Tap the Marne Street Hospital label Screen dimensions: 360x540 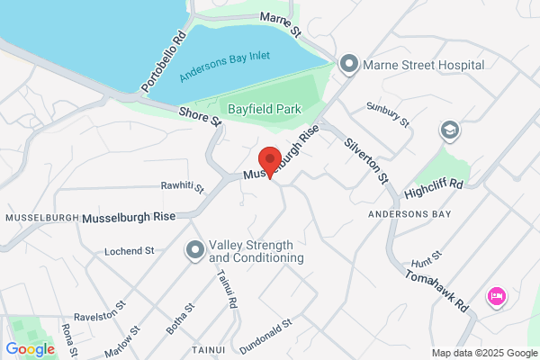(424, 65)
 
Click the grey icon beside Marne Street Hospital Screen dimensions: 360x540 (349, 64)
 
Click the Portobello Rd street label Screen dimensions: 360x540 (163, 63)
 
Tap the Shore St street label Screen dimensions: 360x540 (200, 116)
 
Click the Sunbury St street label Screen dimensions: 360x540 (388, 114)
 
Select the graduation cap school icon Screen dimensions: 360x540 (447, 131)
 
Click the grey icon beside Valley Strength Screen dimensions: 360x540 (193, 251)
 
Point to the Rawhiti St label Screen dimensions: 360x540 (183, 188)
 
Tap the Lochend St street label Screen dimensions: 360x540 (130, 251)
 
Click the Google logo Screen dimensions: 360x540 (30, 348)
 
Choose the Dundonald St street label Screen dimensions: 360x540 (266, 335)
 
